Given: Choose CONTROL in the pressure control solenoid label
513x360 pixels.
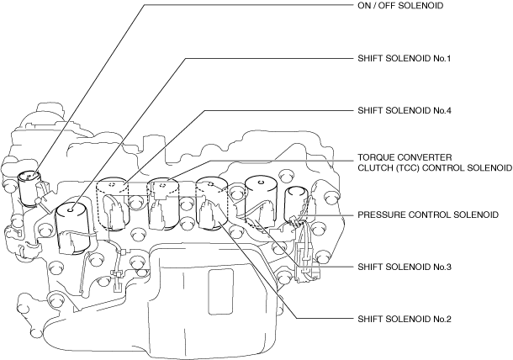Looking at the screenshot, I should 436,215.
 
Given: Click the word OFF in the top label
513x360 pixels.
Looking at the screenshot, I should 383,6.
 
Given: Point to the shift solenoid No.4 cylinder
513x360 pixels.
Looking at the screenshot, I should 114,202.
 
